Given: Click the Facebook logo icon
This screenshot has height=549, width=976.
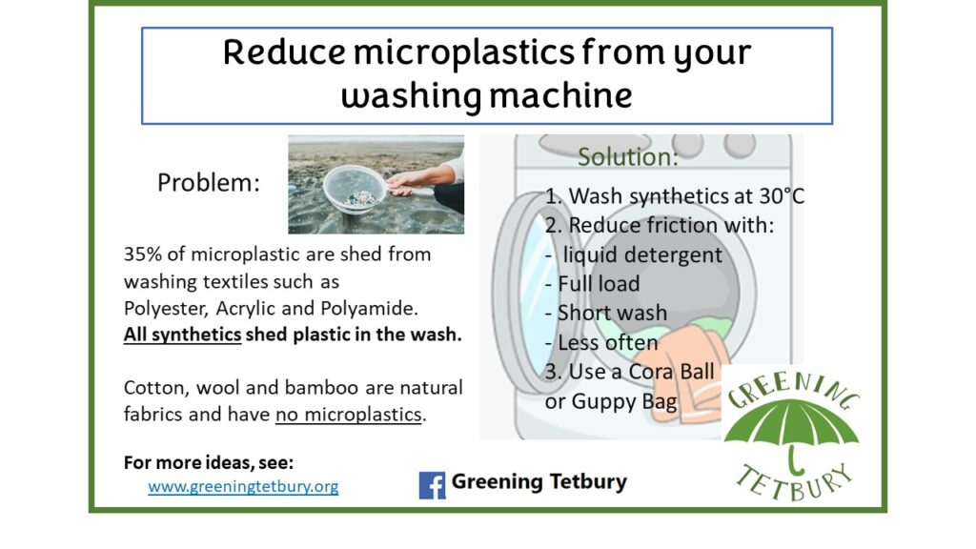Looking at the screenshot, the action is [x=432, y=485].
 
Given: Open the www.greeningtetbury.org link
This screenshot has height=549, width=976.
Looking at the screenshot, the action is [x=243, y=486].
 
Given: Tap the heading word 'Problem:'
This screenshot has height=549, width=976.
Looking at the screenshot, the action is [x=209, y=182].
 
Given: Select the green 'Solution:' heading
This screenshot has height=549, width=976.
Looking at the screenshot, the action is [x=628, y=157].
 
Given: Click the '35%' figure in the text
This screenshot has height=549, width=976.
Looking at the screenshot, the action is [x=143, y=254].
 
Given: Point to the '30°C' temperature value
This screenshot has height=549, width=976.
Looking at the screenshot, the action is [x=782, y=196].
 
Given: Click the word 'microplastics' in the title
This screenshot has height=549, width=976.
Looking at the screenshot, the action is [x=464, y=53].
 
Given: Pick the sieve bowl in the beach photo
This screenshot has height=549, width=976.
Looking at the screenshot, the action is [x=356, y=189].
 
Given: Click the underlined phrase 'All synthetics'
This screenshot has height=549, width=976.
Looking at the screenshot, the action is [x=182, y=335].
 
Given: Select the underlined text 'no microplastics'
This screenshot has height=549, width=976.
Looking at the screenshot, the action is [x=349, y=415].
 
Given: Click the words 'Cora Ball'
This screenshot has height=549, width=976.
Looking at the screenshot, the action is [x=671, y=372].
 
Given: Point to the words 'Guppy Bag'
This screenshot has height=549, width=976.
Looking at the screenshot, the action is [x=624, y=401].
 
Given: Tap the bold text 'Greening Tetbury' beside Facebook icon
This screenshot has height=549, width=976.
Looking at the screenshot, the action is [x=539, y=481].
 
